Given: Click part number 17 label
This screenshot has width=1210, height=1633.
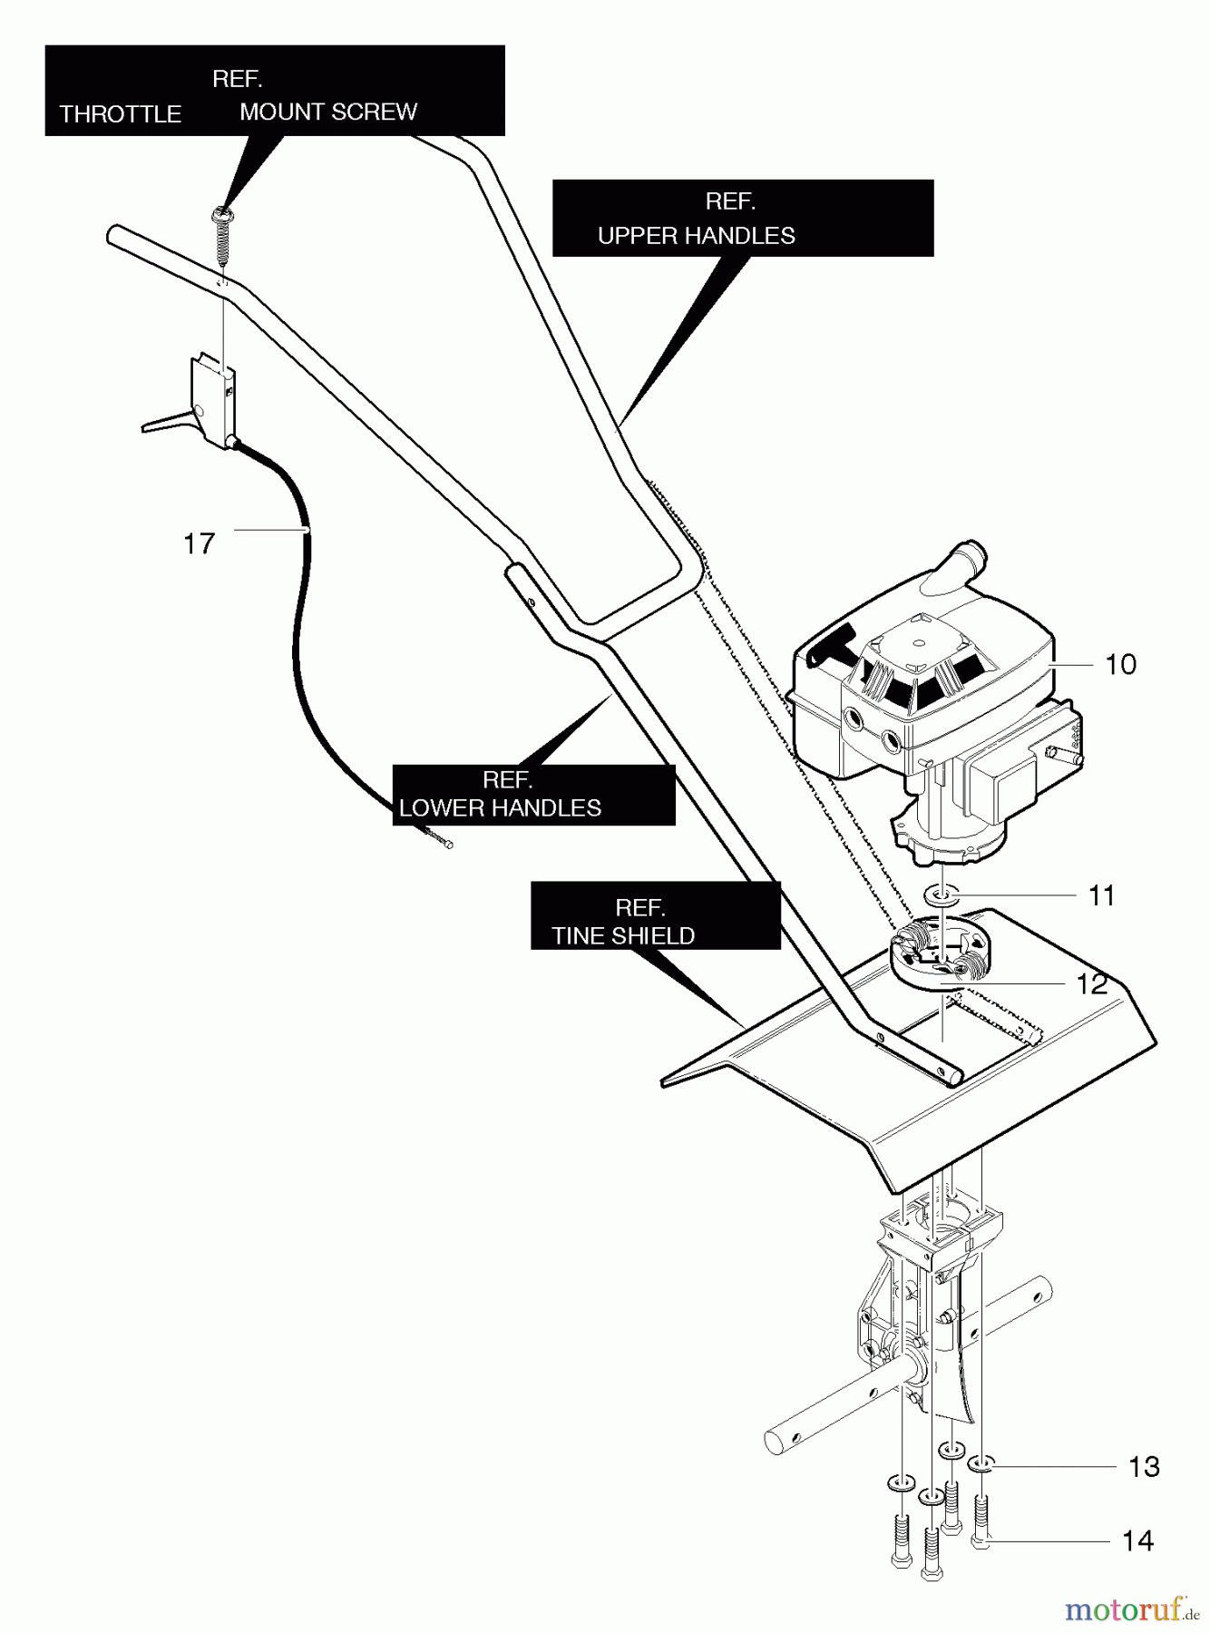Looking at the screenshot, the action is point(200,543).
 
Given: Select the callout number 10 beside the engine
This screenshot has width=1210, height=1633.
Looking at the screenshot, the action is point(1121,664).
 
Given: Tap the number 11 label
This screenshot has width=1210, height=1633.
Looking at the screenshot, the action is point(1101,895).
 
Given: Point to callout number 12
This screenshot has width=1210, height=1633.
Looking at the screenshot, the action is point(1092,984).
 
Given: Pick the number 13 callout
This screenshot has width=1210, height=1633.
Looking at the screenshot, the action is point(1145,1467).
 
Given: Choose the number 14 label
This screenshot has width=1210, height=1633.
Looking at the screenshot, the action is point(1138,1540).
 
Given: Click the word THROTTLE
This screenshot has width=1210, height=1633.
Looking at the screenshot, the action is point(121,114).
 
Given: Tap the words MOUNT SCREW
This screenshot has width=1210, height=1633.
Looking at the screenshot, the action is point(328,112).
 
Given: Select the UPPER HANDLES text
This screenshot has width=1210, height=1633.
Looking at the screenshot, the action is point(697,236).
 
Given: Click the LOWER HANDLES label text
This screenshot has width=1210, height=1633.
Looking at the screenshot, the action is point(501,808).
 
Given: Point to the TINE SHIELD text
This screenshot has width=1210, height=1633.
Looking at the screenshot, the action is point(623,935).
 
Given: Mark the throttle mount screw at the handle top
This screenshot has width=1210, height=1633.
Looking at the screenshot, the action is point(221,238).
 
